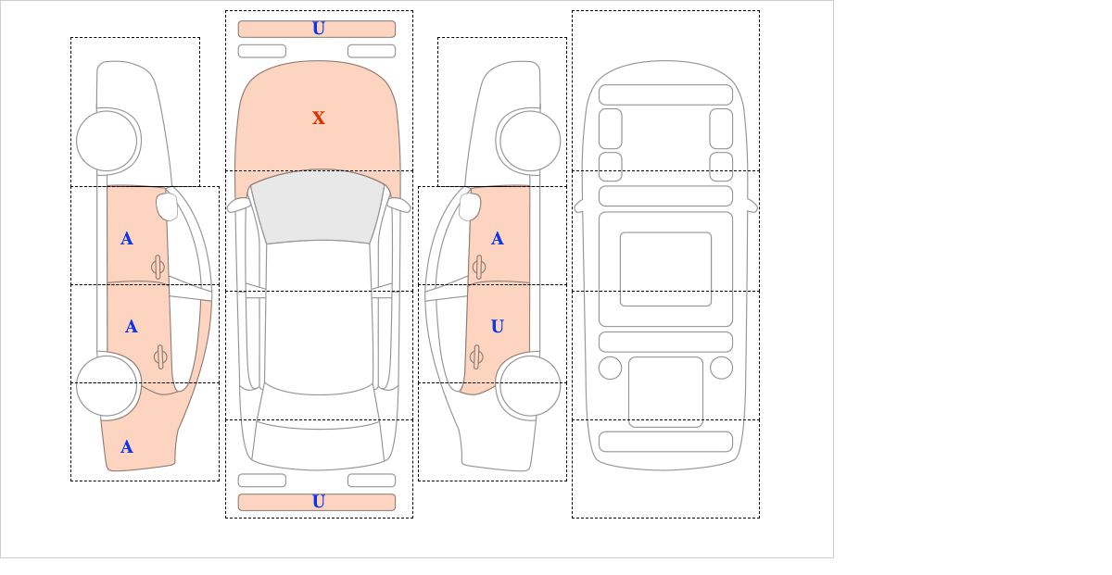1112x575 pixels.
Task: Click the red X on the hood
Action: click(319, 118)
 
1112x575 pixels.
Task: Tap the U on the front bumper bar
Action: click(319, 29)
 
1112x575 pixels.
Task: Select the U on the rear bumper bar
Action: click(319, 502)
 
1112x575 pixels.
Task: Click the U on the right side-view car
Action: click(497, 326)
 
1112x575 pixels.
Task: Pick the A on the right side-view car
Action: click(497, 239)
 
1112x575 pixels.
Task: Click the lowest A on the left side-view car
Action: click(127, 447)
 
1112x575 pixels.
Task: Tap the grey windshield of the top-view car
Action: click(318, 208)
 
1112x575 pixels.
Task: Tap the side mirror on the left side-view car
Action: click(167, 206)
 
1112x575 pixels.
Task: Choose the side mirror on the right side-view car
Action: click(470, 206)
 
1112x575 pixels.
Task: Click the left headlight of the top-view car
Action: click(261, 51)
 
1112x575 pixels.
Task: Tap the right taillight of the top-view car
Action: click(372, 481)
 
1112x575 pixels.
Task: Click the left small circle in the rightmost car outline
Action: click(610, 368)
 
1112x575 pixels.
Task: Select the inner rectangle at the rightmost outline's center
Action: click(665, 269)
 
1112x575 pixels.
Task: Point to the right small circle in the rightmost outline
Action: click(721, 368)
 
